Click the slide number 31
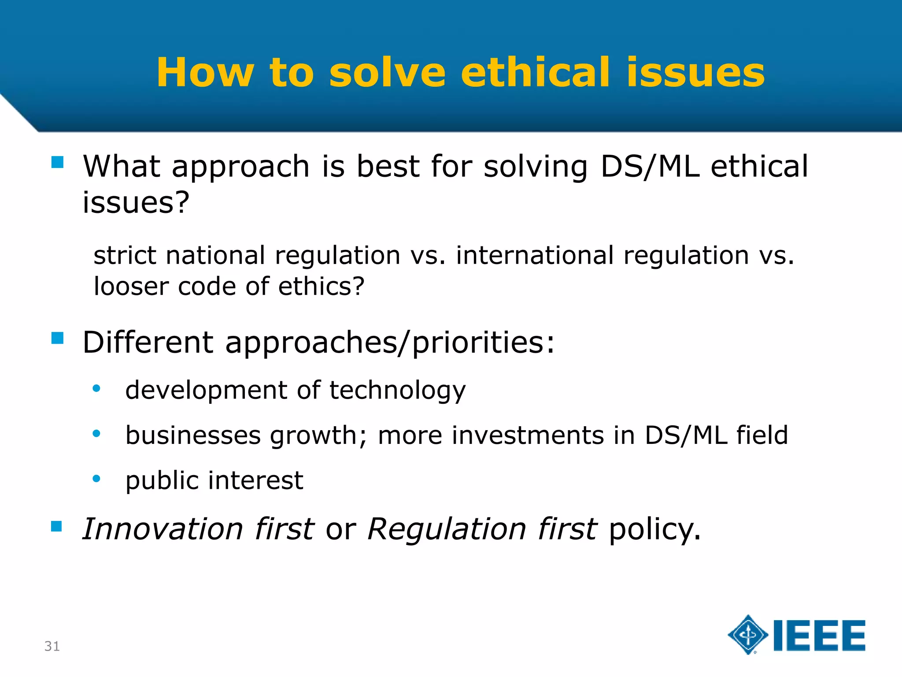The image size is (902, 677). (x=52, y=646)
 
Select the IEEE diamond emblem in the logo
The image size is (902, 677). (x=747, y=635)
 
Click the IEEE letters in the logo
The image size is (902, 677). (x=819, y=636)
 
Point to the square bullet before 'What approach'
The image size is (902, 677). (x=57, y=162)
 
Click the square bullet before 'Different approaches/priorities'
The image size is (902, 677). (x=57, y=338)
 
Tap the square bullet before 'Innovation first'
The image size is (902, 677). (x=56, y=526)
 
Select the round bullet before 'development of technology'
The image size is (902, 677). (x=96, y=389)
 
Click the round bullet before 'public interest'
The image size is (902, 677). (x=96, y=479)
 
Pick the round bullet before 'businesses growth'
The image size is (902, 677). (x=96, y=434)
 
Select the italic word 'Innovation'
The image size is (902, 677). (x=163, y=529)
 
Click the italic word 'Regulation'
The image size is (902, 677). (x=446, y=529)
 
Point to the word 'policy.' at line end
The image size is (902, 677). (x=654, y=530)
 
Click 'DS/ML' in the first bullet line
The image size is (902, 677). (x=650, y=167)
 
